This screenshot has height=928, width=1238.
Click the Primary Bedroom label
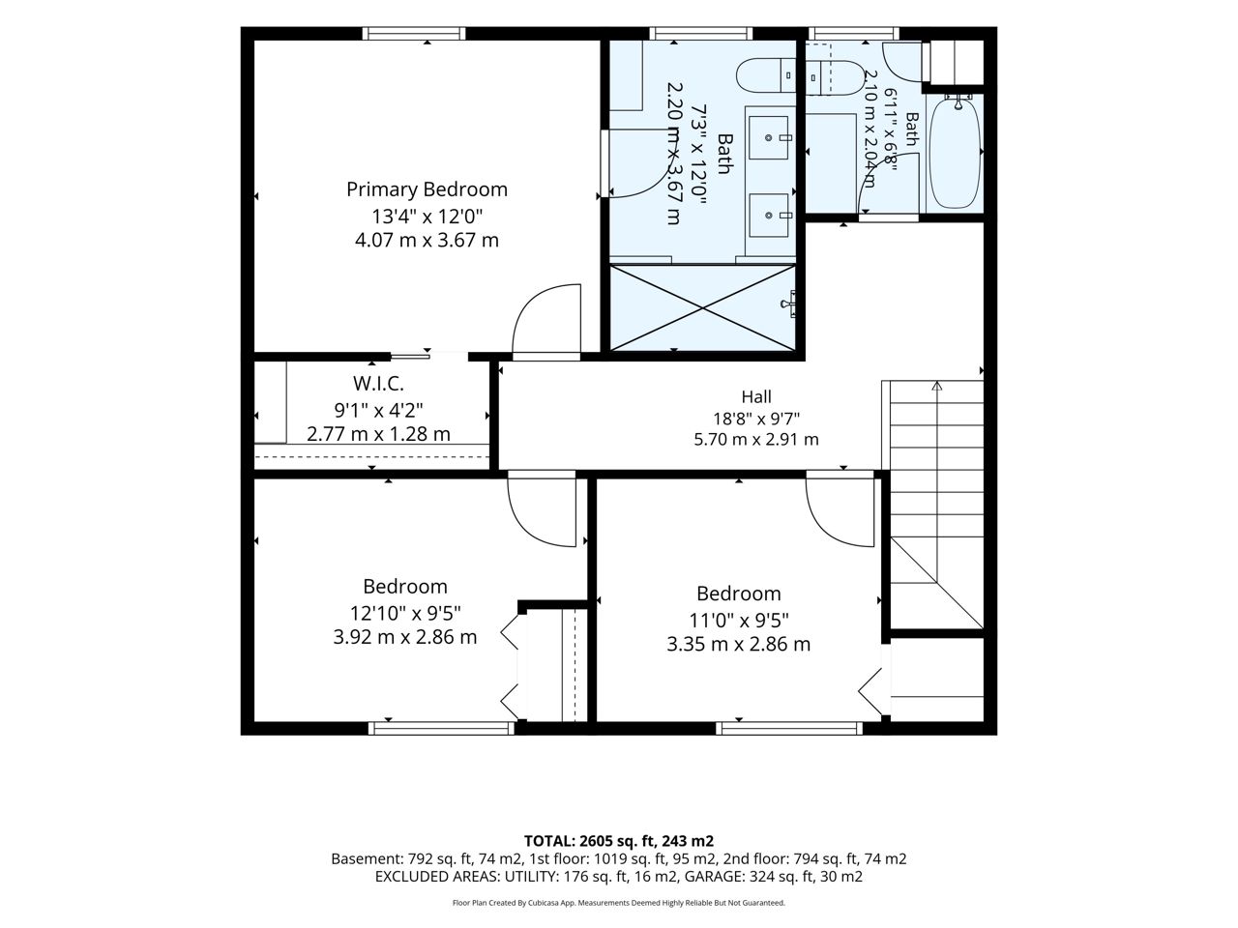427,189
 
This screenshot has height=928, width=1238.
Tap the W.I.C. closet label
378,384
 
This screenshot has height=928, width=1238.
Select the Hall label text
755,396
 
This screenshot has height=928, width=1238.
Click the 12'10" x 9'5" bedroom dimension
405,612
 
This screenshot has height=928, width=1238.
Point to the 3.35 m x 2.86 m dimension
738,644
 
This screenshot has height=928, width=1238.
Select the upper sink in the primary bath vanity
769,138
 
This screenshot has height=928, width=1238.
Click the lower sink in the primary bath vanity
769,216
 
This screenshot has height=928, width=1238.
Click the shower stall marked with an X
702,307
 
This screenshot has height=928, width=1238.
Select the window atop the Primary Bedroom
414,33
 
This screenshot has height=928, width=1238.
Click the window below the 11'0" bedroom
789,728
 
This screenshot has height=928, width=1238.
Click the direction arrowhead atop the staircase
937,386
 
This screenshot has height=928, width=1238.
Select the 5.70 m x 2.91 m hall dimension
755,440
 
